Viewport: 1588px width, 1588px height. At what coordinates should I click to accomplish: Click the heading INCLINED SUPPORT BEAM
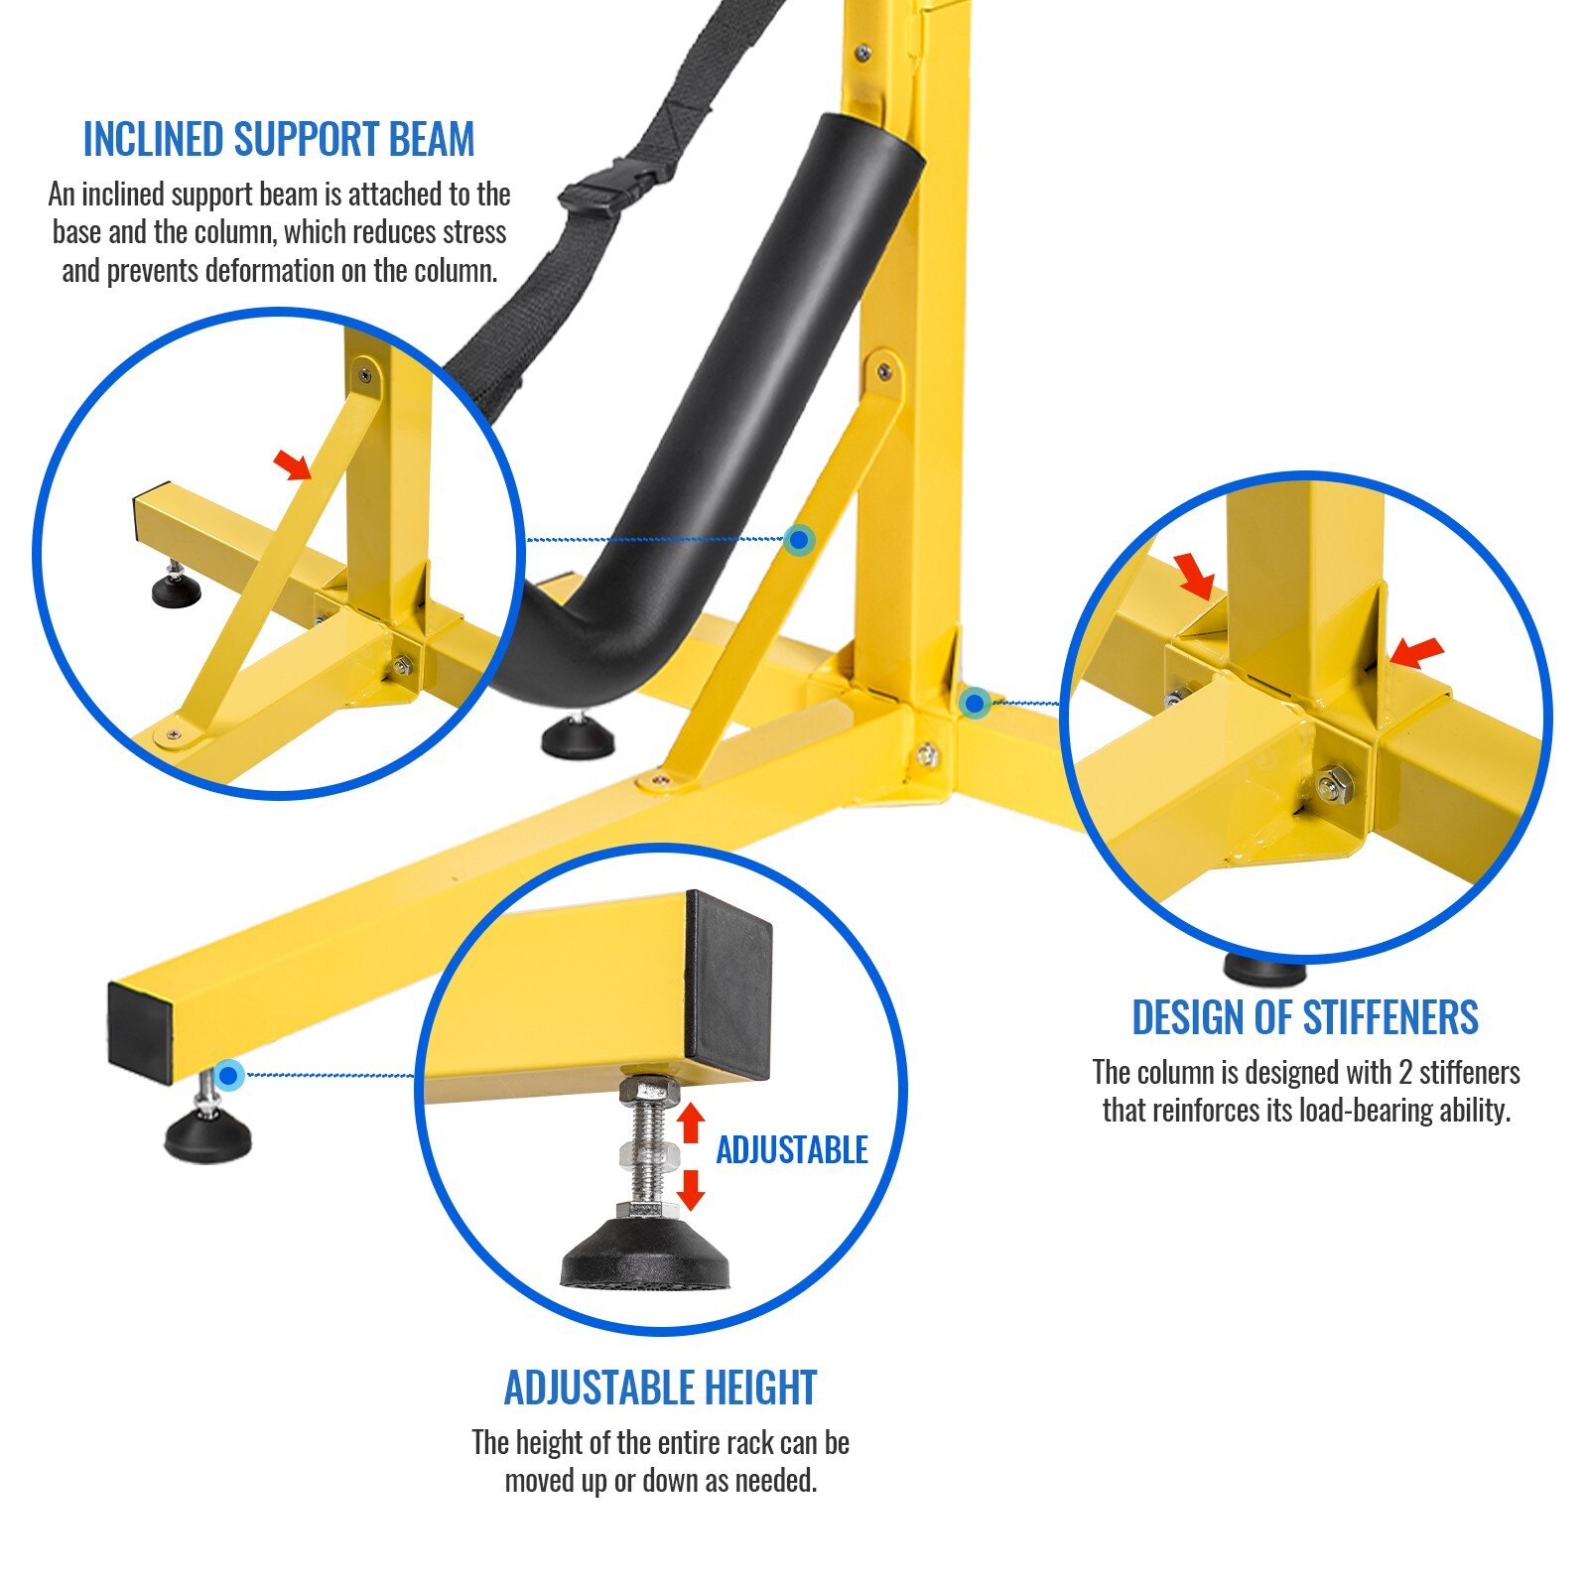click(279, 139)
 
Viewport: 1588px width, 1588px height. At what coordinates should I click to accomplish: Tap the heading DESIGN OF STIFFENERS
click(1305, 1017)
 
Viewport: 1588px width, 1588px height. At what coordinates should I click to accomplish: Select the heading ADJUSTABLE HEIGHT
click(661, 1388)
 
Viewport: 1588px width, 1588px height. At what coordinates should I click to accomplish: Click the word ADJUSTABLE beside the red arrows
click(792, 1149)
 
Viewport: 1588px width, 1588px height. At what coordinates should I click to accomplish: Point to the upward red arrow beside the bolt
click(691, 1122)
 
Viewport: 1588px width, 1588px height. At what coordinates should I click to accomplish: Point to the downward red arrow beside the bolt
click(691, 1189)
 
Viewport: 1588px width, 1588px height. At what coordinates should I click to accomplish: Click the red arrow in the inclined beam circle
click(292, 463)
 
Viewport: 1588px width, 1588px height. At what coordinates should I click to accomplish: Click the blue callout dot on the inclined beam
click(799, 540)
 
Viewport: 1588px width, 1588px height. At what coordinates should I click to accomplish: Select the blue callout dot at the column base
click(975, 704)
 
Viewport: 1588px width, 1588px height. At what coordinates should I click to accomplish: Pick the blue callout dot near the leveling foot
click(229, 1075)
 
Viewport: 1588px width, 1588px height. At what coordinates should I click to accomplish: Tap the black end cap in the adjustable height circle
click(728, 984)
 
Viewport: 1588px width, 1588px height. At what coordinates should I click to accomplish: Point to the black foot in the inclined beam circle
click(176, 591)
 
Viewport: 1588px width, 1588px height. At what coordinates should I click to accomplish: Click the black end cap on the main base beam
click(140, 1029)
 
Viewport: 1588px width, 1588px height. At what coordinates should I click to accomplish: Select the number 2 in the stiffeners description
click(1404, 1073)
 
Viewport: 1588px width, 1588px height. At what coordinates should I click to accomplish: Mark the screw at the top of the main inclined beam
click(884, 372)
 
